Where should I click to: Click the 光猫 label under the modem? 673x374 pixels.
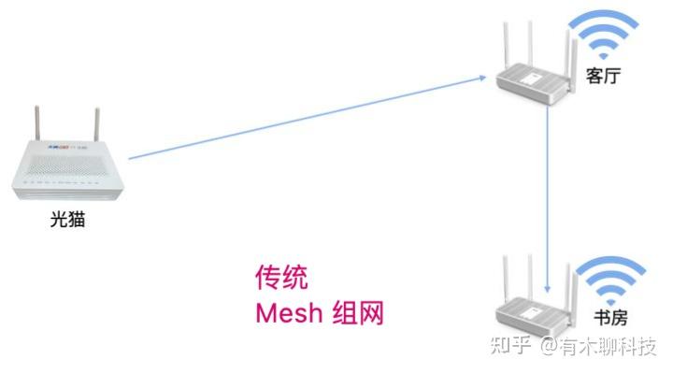point(67,220)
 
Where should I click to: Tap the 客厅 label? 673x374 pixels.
point(603,76)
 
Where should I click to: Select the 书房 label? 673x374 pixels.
point(610,318)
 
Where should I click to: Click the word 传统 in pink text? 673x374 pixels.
point(281,277)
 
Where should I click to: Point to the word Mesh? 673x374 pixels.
point(289,312)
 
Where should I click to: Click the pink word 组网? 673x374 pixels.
point(358,312)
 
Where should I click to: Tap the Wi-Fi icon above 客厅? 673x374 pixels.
point(604,35)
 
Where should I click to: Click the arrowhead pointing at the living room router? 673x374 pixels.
point(482,78)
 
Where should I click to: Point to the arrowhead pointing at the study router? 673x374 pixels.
point(547,289)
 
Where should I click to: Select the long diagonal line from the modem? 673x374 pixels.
point(308,118)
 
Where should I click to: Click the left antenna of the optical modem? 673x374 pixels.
point(37,122)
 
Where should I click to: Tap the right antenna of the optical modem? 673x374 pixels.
point(97,124)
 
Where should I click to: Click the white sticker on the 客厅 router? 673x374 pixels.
point(531,79)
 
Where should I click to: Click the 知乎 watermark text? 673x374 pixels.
point(510,345)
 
